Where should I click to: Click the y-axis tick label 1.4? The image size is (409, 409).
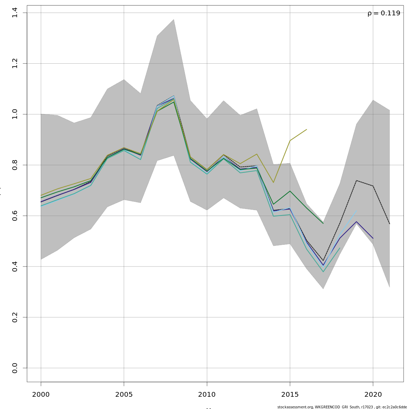(14, 13)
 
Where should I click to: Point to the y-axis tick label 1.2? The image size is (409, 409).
(14, 64)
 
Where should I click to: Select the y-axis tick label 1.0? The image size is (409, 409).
(14, 114)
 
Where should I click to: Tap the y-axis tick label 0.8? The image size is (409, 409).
(14, 165)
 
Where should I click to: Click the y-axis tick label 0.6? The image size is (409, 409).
(14, 216)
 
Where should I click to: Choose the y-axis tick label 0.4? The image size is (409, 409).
(14, 267)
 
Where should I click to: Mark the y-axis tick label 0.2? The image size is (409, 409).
(14, 317)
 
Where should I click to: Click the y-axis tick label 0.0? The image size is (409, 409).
(14, 368)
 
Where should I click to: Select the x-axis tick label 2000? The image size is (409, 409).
(41, 395)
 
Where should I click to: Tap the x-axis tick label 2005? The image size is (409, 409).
(124, 395)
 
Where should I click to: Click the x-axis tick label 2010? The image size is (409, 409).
(207, 395)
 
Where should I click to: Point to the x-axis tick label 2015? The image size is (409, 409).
(290, 395)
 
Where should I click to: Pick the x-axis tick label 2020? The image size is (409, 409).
(373, 395)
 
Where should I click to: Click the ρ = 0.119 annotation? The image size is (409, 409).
(384, 13)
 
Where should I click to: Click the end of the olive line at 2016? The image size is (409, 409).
(307, 130)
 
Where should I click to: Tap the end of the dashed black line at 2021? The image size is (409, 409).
(390, 224)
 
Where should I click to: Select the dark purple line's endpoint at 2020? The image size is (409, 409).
(373, 238)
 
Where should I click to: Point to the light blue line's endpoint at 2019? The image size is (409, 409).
(357, 211)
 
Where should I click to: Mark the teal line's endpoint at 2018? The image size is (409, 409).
(340, 248)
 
